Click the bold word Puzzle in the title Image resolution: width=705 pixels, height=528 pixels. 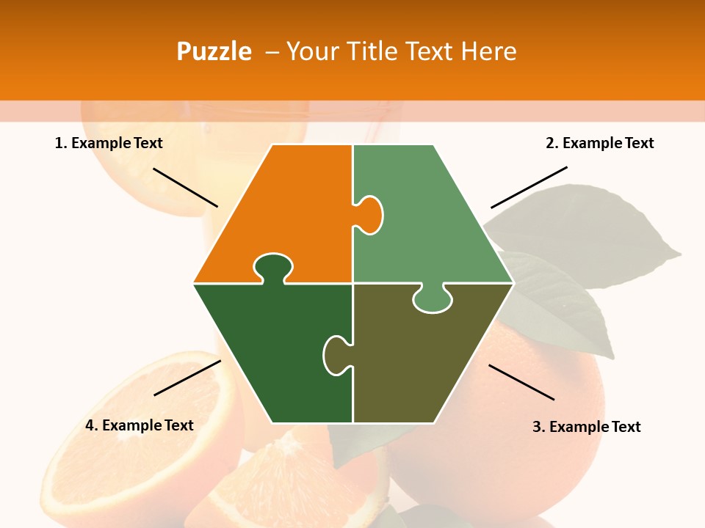(214, 51)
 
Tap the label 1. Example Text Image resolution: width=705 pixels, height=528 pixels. (109, 143)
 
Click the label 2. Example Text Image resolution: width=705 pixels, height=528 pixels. (599, 143)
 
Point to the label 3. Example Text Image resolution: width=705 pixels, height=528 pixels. (586, 427)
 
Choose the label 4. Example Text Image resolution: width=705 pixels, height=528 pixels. (140, 425)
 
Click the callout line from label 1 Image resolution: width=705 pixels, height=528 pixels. (185, 187)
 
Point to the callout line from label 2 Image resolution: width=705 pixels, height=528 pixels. (529, 187)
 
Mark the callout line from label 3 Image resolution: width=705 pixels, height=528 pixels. (521, 382)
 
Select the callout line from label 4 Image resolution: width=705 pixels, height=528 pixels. (187, 378)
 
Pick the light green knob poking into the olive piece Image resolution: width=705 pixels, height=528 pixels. (433, 300)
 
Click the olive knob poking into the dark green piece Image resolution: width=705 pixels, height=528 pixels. (336, 355)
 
